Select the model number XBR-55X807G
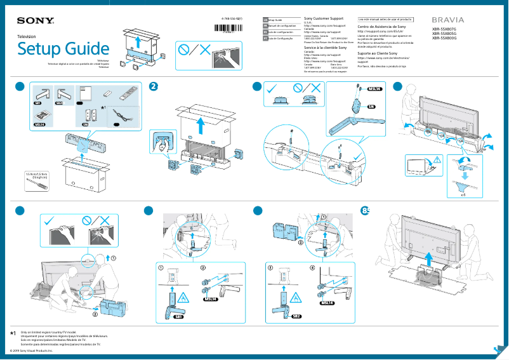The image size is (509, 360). tap(444, 30)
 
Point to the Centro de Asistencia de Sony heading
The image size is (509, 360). tap(381, 28)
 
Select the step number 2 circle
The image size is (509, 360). tap(153, 86)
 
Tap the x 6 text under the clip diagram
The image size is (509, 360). tap(463, 196)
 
